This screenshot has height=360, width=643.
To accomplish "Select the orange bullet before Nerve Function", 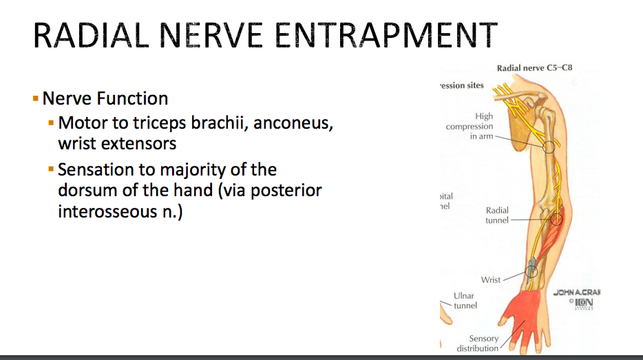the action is click(x=36, y=98).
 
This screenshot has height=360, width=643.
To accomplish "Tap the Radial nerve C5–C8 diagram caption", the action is click(x=534, y=68).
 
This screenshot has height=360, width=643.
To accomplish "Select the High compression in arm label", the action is click(x=471, y=127).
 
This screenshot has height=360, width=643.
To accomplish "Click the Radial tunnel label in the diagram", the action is click(x=496, y=215).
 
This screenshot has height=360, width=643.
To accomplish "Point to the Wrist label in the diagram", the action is click(x=491, y=279).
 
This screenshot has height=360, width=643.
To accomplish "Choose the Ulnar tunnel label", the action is click(x=465, y=301).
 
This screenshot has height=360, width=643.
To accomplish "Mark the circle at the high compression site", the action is click(x=548, y=146).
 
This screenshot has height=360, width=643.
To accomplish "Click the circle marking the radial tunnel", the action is click(x=556, y=220).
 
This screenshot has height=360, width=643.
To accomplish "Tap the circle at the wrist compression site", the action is click(x=531, y=271).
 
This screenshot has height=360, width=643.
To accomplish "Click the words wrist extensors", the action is click(x=117, y=144).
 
